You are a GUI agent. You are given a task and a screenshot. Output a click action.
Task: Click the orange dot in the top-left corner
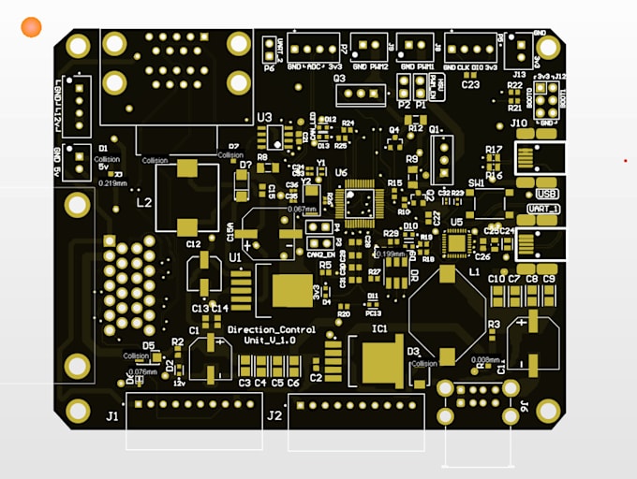click(x=32, y=28)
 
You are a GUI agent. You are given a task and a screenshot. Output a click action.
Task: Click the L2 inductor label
click(x=144, y=202)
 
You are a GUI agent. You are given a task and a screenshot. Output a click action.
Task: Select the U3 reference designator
click(x=264, y=118)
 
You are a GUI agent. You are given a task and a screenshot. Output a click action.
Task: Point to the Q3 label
click(x=339, y=80)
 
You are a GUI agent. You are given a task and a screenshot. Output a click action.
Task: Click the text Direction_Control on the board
click(x=272, y=330)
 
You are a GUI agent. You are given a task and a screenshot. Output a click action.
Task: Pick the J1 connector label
click(x=112, y=416)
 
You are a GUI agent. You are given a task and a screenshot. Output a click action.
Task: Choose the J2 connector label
click(x=274, y=416)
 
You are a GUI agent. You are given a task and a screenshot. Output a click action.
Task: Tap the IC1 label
click(x=379, y=329)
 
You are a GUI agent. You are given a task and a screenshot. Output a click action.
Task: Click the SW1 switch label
click(x=477, y=182)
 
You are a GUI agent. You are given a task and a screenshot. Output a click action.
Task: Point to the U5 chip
click(x=456, y=243)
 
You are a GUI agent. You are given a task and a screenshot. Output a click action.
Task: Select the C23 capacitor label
click(x=470, y=84)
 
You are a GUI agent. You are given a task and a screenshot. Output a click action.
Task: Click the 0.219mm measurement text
click(x=111, y=182)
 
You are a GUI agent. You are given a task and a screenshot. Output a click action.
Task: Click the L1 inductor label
click(x=474, y=271)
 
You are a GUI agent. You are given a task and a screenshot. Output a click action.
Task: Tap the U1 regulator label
click(x=234, y=255)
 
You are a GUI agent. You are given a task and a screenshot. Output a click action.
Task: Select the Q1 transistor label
click(x=435, y=130)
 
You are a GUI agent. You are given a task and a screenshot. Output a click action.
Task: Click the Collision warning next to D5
click(x=137, y=356)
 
